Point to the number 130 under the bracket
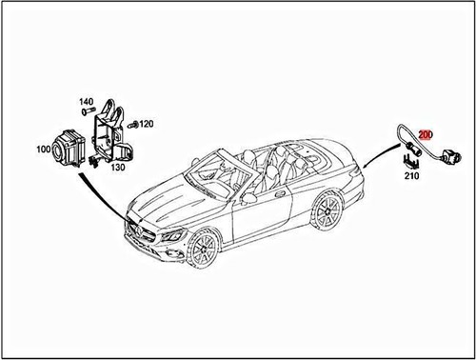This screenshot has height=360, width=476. click(118, 168)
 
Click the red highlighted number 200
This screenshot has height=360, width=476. click(425, 137)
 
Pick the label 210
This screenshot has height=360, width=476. click(412, 177)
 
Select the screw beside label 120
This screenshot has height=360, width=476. click(134, 124)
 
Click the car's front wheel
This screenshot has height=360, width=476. click(202, 250)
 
